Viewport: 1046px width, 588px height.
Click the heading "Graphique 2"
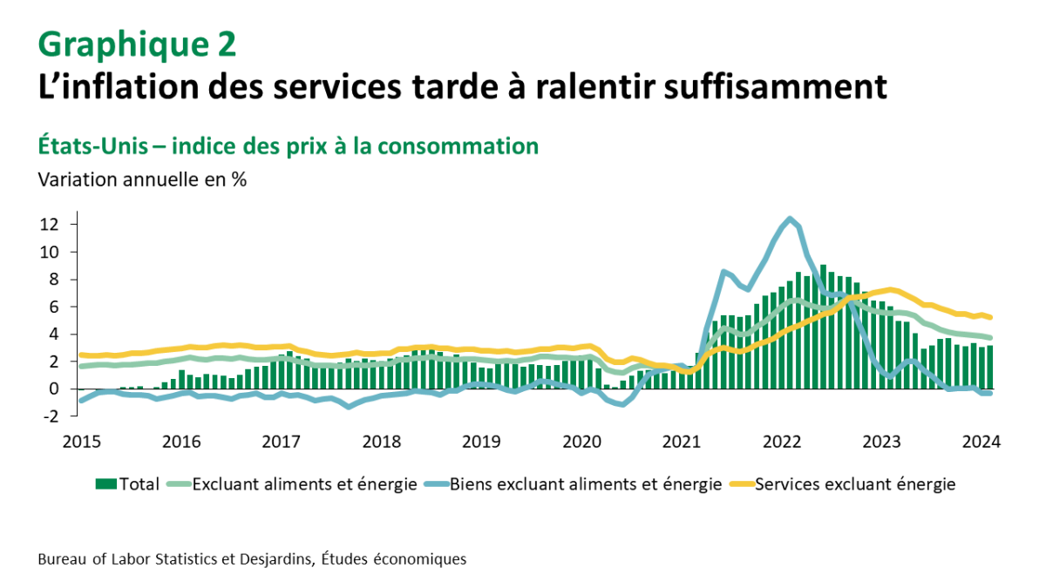click(137, 43)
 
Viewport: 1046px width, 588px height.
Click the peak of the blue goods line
click(790, 219)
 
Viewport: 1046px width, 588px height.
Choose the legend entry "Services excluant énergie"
click(854, 484)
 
